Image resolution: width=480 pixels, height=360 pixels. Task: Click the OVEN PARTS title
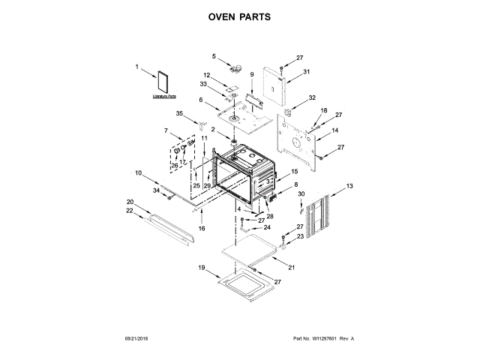[239, 16]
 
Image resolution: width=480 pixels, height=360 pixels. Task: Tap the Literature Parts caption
[163, 96]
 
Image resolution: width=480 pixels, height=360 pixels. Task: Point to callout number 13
[349, 184]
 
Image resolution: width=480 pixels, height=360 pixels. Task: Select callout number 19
[201, 267]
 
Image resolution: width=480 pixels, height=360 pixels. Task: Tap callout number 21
[292, 268]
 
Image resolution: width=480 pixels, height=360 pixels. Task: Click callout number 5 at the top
[213, 55]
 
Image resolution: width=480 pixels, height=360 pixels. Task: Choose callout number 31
[307, 72]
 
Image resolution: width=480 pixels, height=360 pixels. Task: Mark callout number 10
[138, 173]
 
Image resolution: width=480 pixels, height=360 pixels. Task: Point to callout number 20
[130, 202]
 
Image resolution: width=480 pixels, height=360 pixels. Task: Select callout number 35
[179, 113]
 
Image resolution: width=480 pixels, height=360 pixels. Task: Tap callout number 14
[335, 130]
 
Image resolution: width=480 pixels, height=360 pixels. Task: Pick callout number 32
[313, 97]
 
